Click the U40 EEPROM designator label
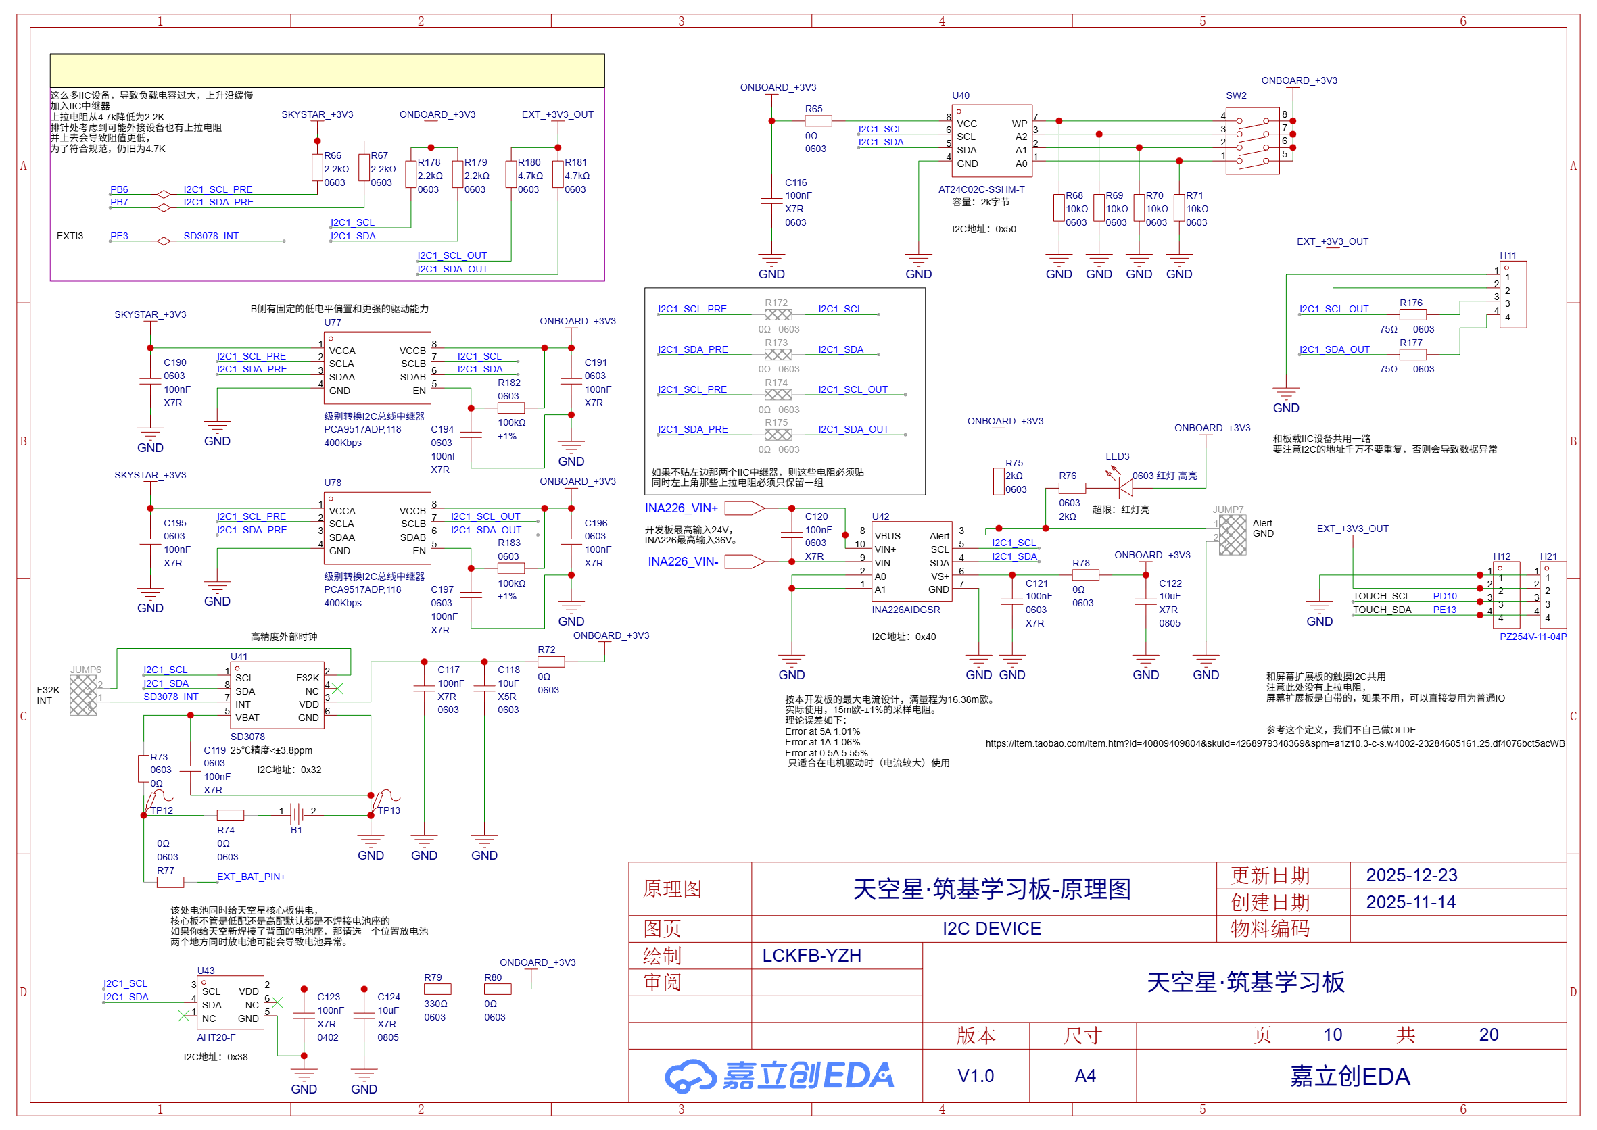[x=960, y=95]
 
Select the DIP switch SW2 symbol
[x=1252, y=141]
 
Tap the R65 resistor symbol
[x=817, y=121]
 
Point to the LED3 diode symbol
[x=1124, y=489]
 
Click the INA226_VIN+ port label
[x=681, y=509]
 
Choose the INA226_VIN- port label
[x=682, y=562]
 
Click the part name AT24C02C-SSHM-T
[x=981, y=189]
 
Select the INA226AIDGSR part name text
[x=905, y=610]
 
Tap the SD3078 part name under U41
[x=247, y=737]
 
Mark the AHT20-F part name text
[x=216, y=1037]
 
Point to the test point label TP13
[x=389, y=810]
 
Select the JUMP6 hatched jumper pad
[x=83, y=694]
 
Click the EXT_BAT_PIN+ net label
[x=251, y=877]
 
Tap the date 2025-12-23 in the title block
[x=1411, y=875]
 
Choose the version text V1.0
[x=976, y=1076]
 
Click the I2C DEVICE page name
[x=991, y=929]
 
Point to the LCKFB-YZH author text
[x=811, y=956]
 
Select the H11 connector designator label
[x=1507, y=255]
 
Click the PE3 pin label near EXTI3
[x=119, y=236]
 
